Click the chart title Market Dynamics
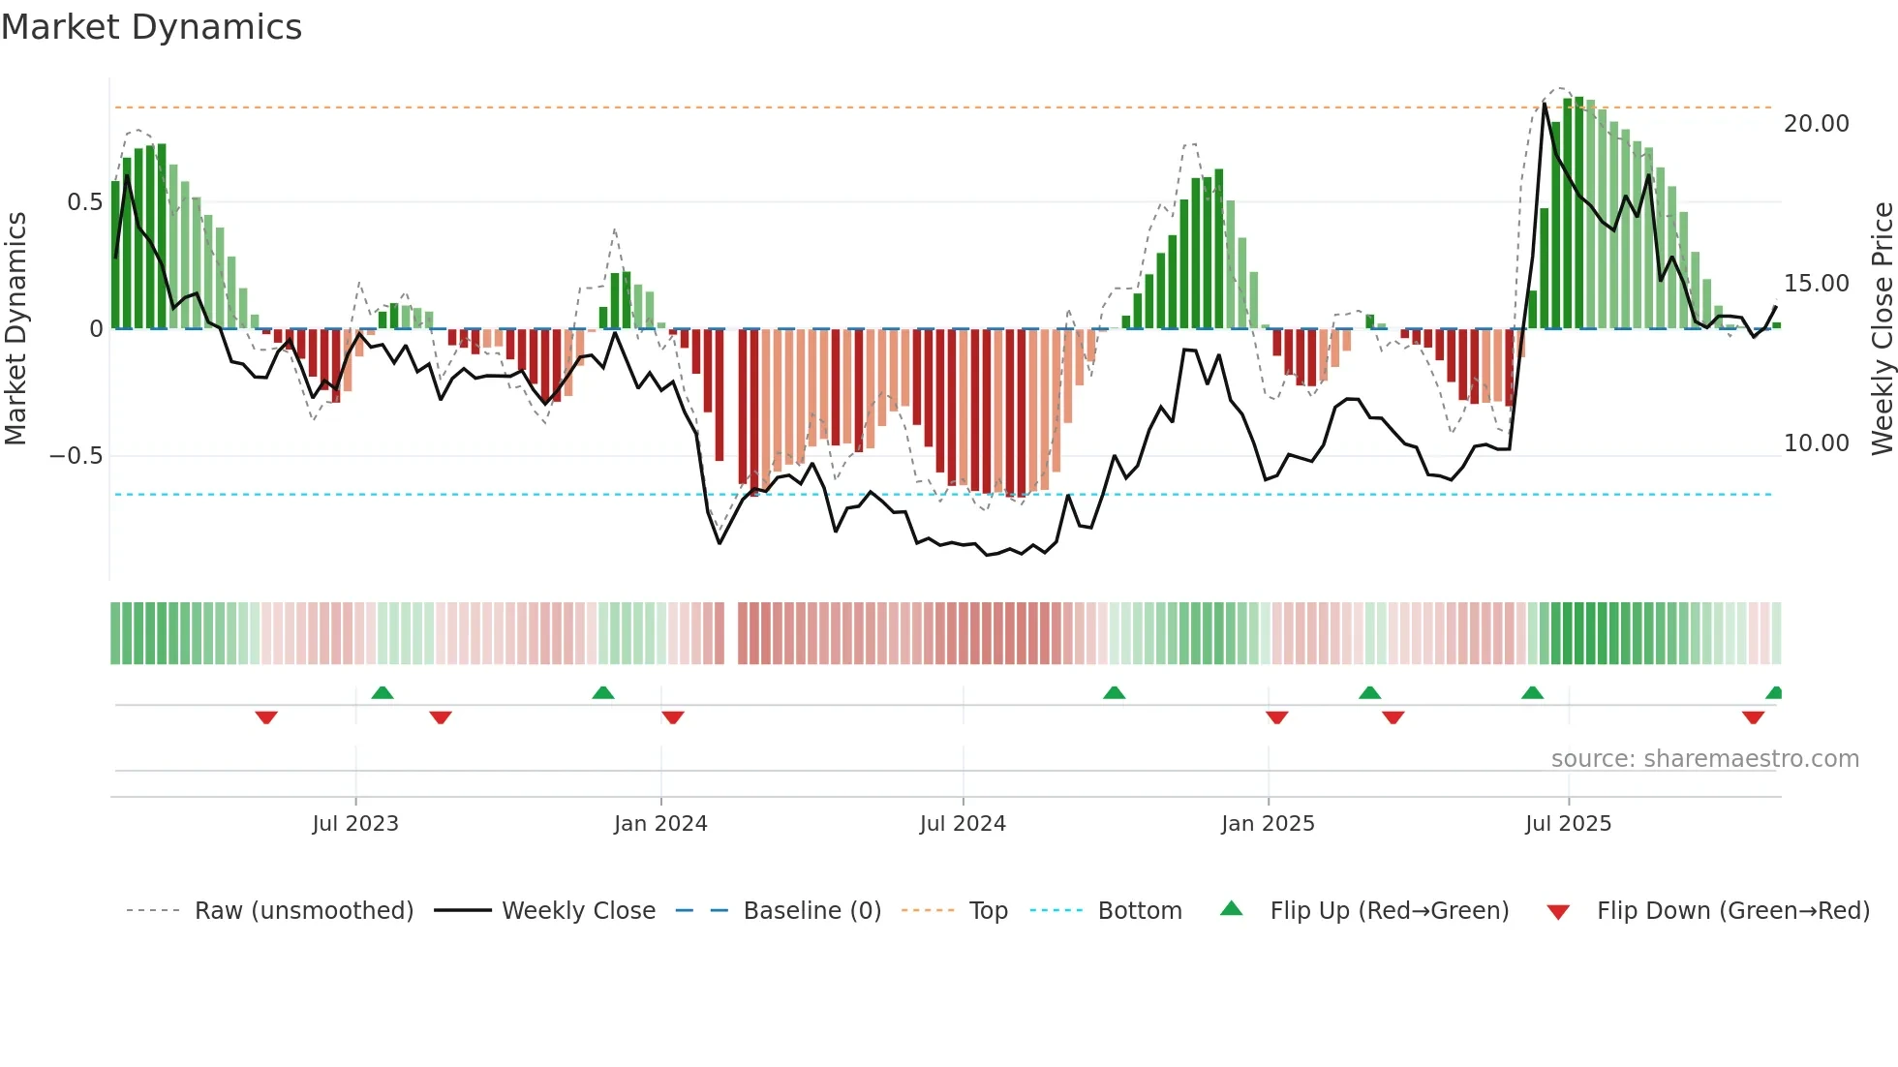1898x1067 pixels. click(151, 27)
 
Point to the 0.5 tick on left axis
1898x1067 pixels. click(84, 202)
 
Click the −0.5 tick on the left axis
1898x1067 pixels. click(77, 456)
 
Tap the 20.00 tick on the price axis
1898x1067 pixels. click(1817, 124)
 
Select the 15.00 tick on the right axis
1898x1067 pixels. click(1817, 284)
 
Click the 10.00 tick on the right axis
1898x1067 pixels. click(1817, 443)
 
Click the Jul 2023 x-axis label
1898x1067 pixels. click(355, 824)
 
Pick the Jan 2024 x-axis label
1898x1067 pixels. click(660, 824)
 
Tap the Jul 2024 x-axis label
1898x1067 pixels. click(963, 824)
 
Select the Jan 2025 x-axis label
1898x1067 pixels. click(1268, 824)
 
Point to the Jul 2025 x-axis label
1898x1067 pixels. click(1568, 824)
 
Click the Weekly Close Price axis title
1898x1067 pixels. click(1882, 328)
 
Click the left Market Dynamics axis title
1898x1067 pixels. click(15, 328)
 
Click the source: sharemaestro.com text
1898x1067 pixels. click(1704, 759)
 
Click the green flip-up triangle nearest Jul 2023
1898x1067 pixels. click(383, 692)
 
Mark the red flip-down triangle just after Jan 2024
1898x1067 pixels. click(673, 717)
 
